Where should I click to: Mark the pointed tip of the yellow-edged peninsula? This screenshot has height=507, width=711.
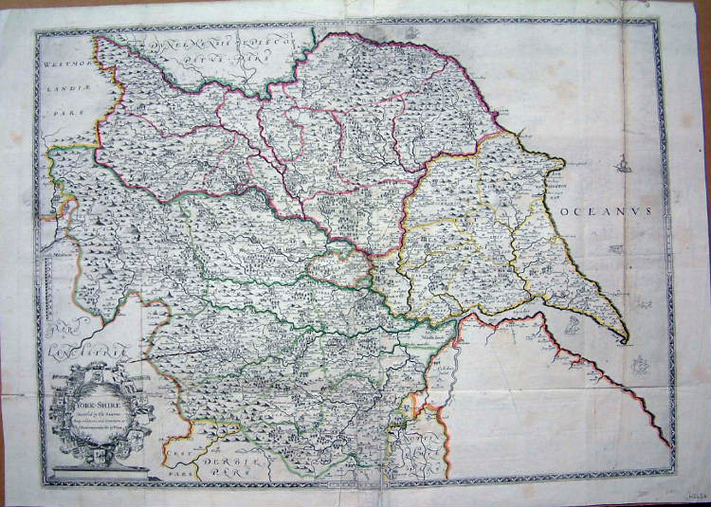point(627,340)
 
